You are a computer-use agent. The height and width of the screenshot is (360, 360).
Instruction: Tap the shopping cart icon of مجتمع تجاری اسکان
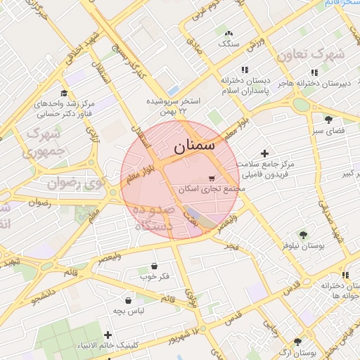click(212, 179)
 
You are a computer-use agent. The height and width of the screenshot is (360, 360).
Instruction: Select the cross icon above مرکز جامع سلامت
click(264, 153)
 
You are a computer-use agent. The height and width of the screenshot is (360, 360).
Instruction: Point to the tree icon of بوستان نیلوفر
click(303, 235)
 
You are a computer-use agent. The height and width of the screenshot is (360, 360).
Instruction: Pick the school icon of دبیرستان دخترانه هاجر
click(314, 72)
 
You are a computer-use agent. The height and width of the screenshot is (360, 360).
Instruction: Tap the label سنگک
click(229, 44)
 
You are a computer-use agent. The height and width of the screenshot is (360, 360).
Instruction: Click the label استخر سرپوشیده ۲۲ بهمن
click(173, 106)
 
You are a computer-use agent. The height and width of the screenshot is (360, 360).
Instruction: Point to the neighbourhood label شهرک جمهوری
click(43, 141)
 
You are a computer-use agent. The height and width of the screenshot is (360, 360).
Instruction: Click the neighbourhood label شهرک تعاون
click(311, 55)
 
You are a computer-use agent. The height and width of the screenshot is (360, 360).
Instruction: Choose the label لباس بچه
click(130, 310)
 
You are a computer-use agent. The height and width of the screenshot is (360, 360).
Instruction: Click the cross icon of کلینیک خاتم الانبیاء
click(108, 335)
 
